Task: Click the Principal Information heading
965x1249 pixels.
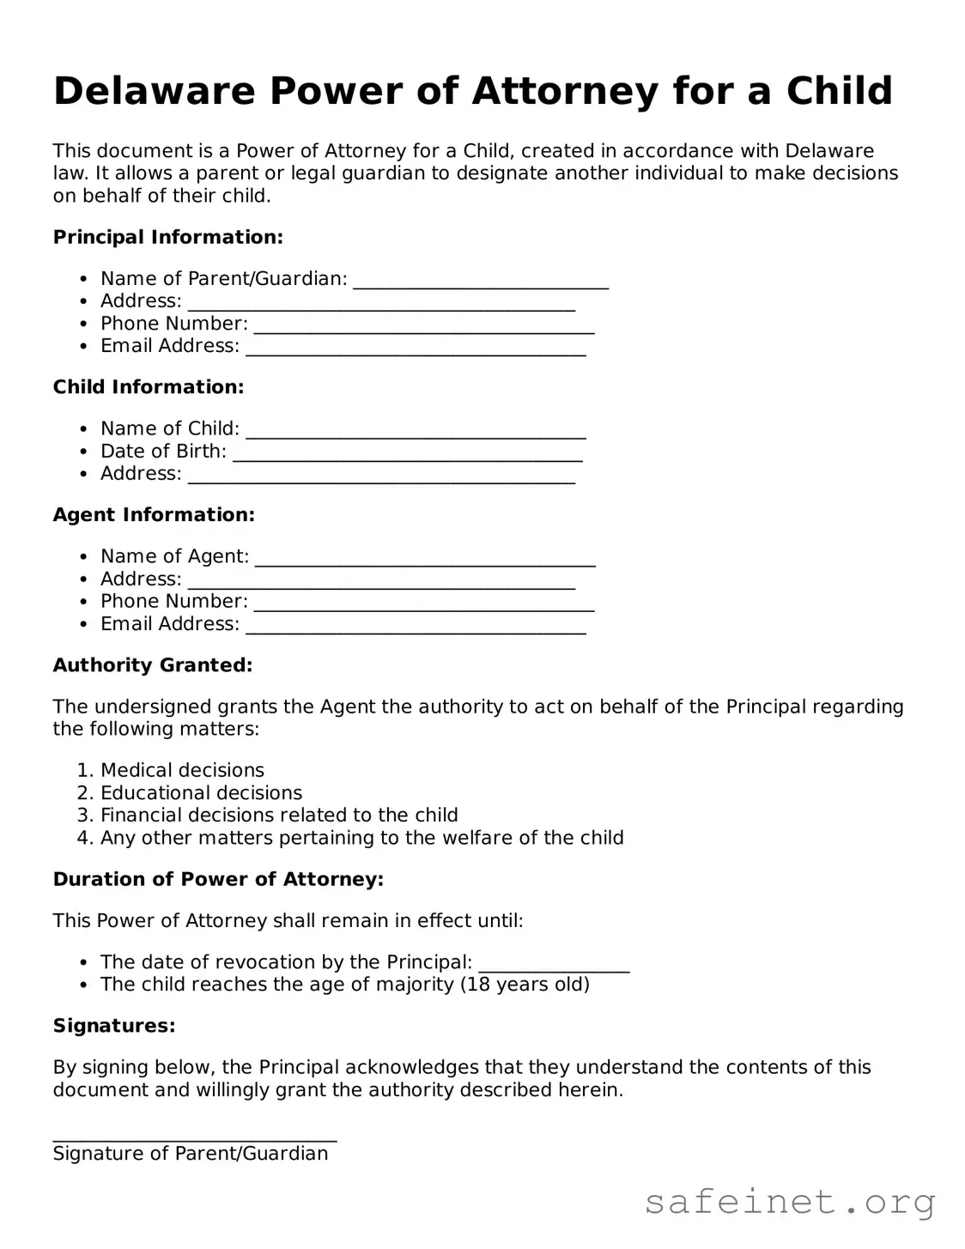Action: pos(167,237)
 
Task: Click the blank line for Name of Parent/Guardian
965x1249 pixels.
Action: pos(481,286)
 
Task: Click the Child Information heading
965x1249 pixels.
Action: pos(149,387)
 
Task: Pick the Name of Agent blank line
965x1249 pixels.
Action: pos(425,564)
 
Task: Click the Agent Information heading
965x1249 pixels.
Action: pos(154,515)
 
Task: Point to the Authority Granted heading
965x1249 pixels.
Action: pos(153,665)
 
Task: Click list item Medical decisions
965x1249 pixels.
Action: pos(182,770)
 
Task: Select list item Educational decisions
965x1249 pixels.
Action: pos(201,792)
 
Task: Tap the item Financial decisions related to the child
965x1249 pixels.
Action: pos(279,815)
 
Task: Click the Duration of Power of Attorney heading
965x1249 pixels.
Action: pos(218,879)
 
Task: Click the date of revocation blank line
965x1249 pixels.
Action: pos(554,970)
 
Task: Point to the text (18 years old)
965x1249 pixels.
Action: pos(525,984)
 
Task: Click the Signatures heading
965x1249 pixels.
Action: pos(114,1026)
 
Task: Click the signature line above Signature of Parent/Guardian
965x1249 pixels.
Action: pos(195,1139)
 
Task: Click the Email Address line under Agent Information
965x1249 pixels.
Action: pos(416,632)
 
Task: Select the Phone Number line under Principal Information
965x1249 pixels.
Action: pos(424,330)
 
